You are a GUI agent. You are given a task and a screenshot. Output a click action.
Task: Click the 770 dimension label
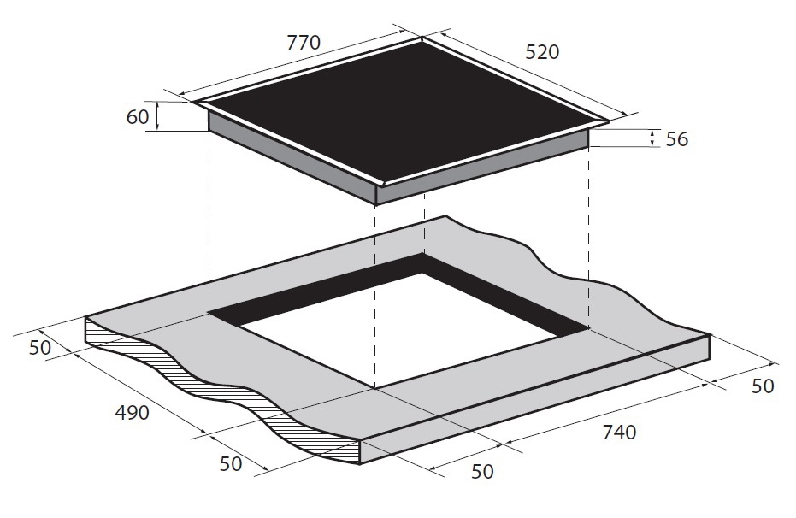point(304,42)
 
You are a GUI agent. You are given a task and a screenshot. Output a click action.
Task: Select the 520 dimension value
point(542,52)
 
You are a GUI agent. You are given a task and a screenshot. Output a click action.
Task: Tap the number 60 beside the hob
point(137,117)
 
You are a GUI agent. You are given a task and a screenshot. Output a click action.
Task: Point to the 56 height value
point(676,139)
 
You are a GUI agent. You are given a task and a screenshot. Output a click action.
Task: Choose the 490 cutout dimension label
point(132,413)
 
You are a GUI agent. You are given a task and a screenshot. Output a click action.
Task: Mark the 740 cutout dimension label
point(619,433)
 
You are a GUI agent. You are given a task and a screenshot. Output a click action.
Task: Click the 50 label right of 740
point(763,386)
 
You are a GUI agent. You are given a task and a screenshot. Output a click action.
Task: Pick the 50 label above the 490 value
point(40,348)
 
